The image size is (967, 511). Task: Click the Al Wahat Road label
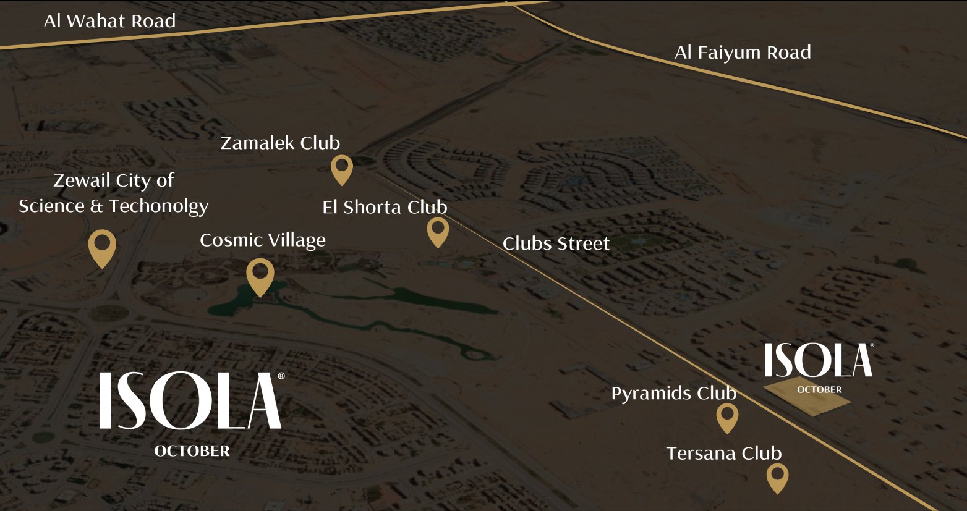click(109, 21)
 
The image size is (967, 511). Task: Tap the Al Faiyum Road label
click(743, 53)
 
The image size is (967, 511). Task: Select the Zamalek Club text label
click(280, 143)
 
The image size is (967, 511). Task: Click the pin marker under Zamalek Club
click(341, 168)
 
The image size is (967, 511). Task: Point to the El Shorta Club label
click(385, 207)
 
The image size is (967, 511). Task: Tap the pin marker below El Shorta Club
click(438, 232)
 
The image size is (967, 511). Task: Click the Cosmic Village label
click(262, 240)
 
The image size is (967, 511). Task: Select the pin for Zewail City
click(102, 247)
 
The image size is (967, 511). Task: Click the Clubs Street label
click(556, 243)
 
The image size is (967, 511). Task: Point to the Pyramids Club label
click(673, 393)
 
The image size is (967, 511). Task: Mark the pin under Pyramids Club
click(727, 417)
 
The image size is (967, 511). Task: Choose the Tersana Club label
click(723, 453)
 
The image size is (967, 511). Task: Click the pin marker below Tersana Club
click(777, 477)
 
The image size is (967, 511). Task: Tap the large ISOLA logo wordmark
click(191, 400)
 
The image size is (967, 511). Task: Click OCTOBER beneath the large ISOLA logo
click(192, 451)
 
